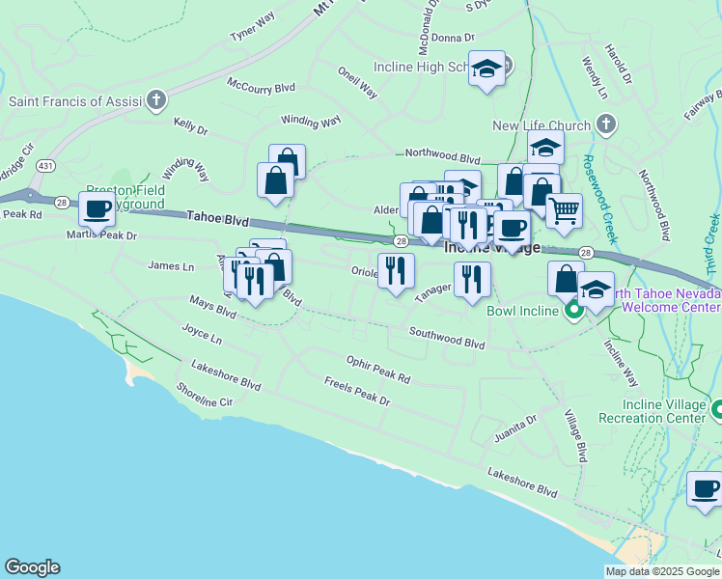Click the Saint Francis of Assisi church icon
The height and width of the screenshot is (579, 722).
coord(155,100)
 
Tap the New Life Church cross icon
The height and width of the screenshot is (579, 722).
coord(605,124)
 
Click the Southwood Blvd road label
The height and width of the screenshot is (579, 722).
coord(446,338)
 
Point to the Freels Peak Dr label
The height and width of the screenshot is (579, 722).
coord(357,393)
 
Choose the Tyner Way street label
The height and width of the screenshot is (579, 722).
coord(252,27)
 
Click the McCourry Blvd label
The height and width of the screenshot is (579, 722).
coord(261,86)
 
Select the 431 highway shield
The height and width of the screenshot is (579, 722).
coord(45,166)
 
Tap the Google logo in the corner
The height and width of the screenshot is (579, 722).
coord(32,567)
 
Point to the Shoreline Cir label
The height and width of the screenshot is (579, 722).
coord(205,394)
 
